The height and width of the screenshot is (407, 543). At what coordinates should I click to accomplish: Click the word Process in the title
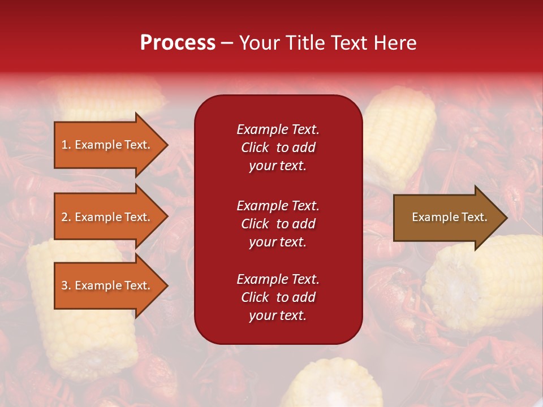click(178, 43)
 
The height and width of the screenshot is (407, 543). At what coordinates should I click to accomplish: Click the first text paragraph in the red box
click(278, 148)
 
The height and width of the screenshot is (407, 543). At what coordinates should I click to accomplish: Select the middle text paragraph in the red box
click(278, 224)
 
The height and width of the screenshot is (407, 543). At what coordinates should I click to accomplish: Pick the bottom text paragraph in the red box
click(278, 297)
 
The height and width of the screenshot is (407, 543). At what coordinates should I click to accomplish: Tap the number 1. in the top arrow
click(66, 145)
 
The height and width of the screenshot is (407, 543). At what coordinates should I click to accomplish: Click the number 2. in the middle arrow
click(66, 218)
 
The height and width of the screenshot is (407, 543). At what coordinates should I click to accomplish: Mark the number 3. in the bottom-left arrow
click(66, 286)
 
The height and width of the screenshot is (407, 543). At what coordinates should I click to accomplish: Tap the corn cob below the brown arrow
click(486, 283)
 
